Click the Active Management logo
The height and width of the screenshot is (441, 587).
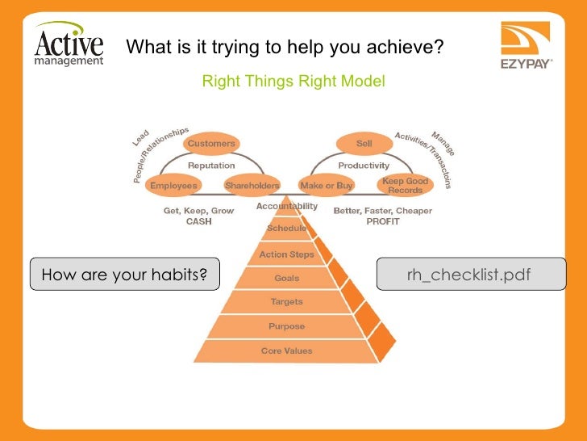[69, 46]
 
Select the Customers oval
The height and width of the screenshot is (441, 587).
[212, 144]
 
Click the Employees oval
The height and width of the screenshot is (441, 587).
[173, 185]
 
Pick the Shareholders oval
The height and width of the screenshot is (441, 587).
[252, 185]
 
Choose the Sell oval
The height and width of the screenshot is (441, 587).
[364, 144]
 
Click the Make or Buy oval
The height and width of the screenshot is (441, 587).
[326, 185]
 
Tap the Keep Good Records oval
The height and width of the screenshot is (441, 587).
[405, 185]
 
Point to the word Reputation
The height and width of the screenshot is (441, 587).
[211, 166]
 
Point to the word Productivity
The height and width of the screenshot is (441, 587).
[364, 166]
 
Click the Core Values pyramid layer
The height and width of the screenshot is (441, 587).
[286, 351]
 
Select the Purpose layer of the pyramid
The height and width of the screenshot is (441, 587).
[286, 326]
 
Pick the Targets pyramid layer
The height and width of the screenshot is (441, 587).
[286, 302]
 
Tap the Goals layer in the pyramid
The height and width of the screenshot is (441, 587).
[286, 278]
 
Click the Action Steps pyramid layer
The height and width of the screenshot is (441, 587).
[286, 254]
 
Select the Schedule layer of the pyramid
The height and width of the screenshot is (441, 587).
[286, 229]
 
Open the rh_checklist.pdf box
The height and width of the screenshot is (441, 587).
[471, 275]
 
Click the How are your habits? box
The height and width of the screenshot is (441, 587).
[125, 275]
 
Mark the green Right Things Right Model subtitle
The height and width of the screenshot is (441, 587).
[293, 82]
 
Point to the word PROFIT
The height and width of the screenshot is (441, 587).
[383, 221]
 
